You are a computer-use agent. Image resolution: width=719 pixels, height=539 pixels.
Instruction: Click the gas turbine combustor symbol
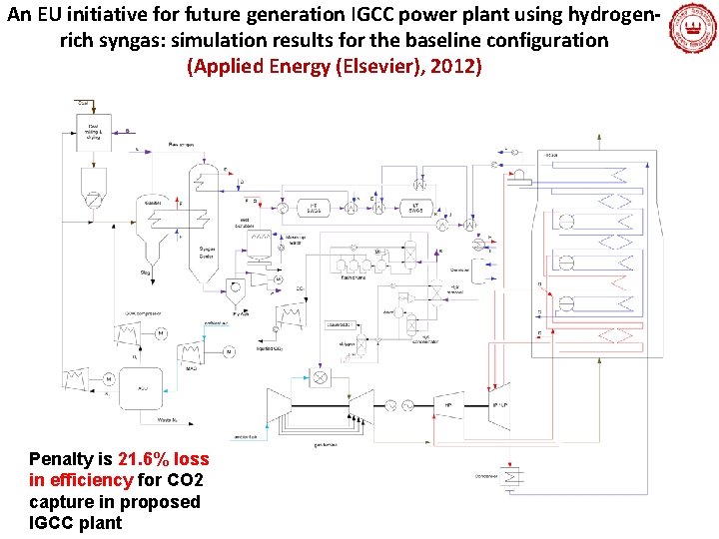321,379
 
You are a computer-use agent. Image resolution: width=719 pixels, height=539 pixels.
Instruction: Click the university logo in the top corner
691,27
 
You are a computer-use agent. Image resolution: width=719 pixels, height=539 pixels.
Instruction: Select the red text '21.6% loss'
164,459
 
